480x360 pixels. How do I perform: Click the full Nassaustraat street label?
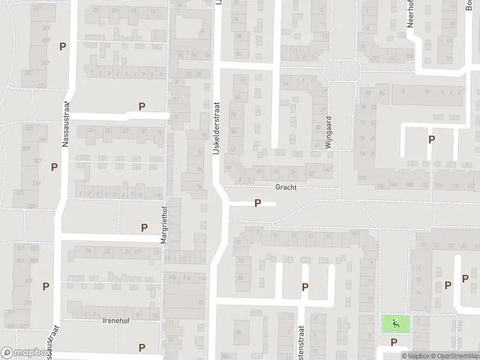click(x=65, y=124)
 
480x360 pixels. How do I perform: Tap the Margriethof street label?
click(x=163, y=225)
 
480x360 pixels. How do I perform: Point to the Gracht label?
click(x=286, y=187)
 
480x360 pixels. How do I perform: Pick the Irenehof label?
click(x=116, y=320)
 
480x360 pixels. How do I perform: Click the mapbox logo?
click(x=26, y=353)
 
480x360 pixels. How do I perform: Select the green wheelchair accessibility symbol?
click(x=395, y=324)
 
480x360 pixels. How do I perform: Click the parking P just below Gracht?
click(x=257, y=203)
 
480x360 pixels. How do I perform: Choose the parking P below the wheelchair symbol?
click(x=394, y=343)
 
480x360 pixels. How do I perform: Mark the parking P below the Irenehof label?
click(x=142, y=347)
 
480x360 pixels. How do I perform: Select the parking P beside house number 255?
click(x=62, y=46)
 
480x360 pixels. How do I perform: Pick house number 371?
click(x=28, y=304)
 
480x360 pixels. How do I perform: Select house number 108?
click(x=394, y=185)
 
